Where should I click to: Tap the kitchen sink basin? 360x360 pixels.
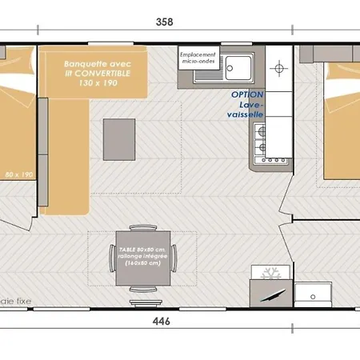pyautogui.click(x=239, y=66)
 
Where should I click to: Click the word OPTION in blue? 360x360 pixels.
pyautogui.click(x=246, y=94)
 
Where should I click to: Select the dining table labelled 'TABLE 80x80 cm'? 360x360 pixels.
pyautogui.click(x=142, y=258)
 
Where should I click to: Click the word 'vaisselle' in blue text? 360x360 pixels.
pyautogui.click(x=247, y=113)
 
